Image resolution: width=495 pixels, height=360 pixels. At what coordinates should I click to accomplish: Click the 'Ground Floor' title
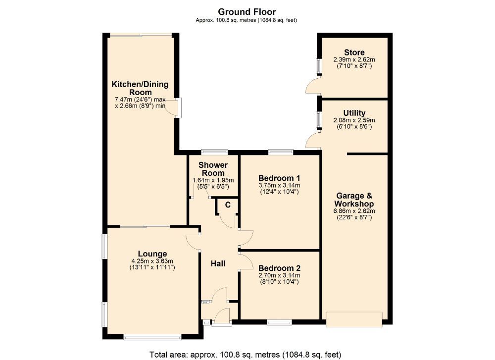click(247, 11)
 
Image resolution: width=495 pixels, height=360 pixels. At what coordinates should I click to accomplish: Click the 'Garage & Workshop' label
click(354, 200)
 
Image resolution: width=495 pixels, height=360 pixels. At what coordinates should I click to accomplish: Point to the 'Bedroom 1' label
click(279, 178)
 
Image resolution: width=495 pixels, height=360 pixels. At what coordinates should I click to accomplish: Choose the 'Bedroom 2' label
click(279, 268)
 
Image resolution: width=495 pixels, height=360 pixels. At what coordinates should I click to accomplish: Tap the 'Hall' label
click(218, 263)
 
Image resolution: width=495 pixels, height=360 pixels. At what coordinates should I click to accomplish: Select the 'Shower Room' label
click(213, 169)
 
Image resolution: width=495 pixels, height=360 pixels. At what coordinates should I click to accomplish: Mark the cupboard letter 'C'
click(228, 205)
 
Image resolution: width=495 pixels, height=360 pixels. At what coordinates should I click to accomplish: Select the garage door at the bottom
click(354, 319)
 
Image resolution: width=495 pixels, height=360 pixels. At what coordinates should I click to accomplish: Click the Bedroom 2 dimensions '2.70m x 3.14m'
click(279, 276)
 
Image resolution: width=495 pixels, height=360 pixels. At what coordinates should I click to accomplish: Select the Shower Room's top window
click(214, 152)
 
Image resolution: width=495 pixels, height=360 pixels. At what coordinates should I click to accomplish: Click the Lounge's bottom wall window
click(152, 338)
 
